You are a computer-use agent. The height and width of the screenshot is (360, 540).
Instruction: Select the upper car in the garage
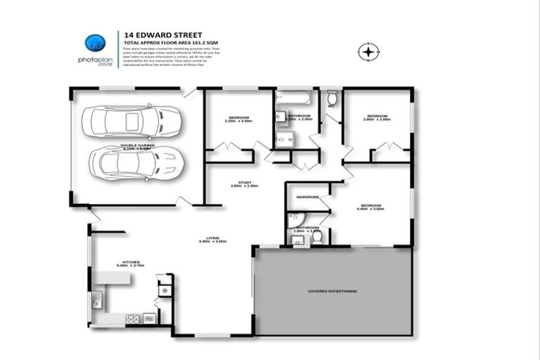point(131,122)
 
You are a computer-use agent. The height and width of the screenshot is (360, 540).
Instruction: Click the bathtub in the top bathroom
point(295,98)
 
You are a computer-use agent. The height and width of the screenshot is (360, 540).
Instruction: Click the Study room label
point(245,183)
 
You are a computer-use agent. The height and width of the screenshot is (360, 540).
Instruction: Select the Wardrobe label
point(308,197)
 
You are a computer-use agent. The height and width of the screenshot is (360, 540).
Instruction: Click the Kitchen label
point(130,263)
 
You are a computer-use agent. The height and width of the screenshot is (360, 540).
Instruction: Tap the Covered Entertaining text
point(333,290)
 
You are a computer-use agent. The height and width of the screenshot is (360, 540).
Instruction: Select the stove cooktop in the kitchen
point(132,319)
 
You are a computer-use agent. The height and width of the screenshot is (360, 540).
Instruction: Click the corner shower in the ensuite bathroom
point(294,219)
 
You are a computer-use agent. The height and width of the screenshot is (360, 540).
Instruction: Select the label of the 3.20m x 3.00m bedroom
point(238,117)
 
